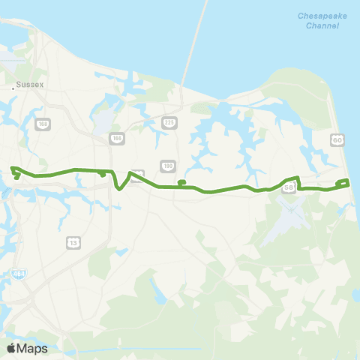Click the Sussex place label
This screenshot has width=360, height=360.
pyautogui.click(x=32, y=85)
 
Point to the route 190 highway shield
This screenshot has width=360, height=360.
pyautogui.click(x=166, y=166)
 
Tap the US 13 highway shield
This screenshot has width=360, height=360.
pyautogui.click(x=73, y=242)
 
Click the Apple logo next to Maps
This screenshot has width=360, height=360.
pyautogui.click(x=11, y=348)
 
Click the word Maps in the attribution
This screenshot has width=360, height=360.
pyautogui.click(x=33, y=348)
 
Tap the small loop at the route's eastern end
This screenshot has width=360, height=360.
pyautogui.click(x=343, y=182)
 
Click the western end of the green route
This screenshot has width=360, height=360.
pyautogui.click(x=13, y=169)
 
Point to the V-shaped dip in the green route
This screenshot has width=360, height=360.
pyautogui.click(x=120, y=188)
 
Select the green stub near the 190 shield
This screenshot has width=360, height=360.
pyautogui.click(x=181, y=182)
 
